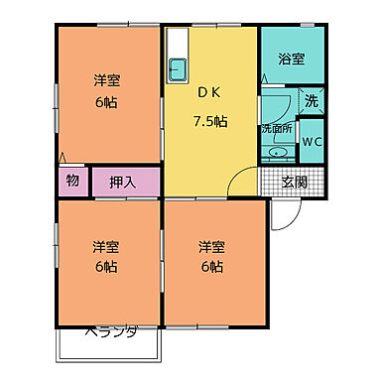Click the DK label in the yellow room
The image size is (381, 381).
[x=209, y=94]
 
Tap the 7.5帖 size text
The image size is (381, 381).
[x=210, y=122]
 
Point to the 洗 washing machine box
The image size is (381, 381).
[x=312, y=100]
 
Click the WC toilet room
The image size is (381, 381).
[x=312, y=141]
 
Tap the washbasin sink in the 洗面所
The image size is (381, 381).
[x=277, y=152]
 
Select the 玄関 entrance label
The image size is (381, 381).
[x=294, y=182]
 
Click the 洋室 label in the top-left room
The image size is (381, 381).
[x=107, y=79]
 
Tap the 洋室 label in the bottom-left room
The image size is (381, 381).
[x=107, y=245]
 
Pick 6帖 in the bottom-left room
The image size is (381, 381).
[x=107, y=267]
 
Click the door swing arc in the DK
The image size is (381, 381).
[x=241, y=183]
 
